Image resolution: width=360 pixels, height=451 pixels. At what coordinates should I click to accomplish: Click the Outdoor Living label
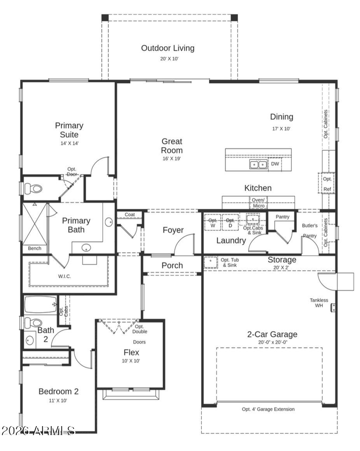(x=168, y=48)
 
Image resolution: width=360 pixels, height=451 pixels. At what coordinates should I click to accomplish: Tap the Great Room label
(x=172, y=146)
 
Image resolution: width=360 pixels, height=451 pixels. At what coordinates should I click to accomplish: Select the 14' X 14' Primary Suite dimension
(x=70, y=143)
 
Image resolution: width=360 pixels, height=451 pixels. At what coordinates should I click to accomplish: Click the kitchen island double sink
(x=258, y=164)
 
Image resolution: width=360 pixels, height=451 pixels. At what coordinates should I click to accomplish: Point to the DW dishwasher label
(x=275, y=164)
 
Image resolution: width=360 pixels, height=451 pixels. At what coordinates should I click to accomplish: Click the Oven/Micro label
(x=258, y=203)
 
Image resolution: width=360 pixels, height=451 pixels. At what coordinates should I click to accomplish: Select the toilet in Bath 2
(x=33, y=322)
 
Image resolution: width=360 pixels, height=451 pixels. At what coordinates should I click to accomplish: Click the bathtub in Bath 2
(x=40, y=305)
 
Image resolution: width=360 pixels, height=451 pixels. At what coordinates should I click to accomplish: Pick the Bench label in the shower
(x=35, y=248)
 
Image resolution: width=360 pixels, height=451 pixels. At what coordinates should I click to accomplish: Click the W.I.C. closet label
(x=65, y=276)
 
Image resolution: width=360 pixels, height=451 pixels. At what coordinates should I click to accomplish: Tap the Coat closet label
(x=130, y=215)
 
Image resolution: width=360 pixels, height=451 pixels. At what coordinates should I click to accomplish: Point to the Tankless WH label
(x=319, y=302)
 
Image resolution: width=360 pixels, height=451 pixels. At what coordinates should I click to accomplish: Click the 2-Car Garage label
(x=272, y=334)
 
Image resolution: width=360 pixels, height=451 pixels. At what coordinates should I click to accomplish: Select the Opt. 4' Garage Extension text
(x=268, y=409)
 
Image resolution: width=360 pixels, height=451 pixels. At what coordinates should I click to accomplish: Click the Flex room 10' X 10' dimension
(x=131, y=361)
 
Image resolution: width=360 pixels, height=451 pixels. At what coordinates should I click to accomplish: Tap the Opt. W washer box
(x=213, y=223)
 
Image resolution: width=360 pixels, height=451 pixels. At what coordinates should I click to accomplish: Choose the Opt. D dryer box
(x=230, y=223)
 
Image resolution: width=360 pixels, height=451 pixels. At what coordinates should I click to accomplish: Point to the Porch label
(x=172, y=265)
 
